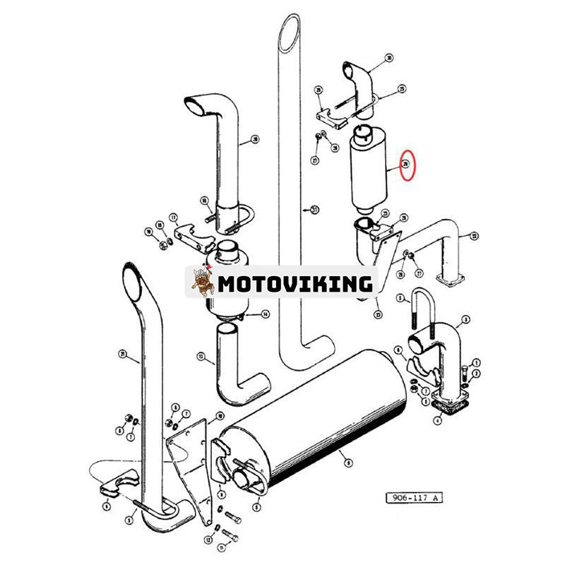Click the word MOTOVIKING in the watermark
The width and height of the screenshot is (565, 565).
(x=295, y=283)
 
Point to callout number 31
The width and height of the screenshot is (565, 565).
(x=315, y=209)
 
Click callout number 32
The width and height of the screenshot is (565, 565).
(x=474, y=236)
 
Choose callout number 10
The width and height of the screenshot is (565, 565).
(x=220, y=416)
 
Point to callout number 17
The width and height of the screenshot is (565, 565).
(x=172, y=218)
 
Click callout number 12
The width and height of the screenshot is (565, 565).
(x=208, y=540)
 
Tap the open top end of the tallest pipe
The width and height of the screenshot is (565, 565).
(x=290, y=32)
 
